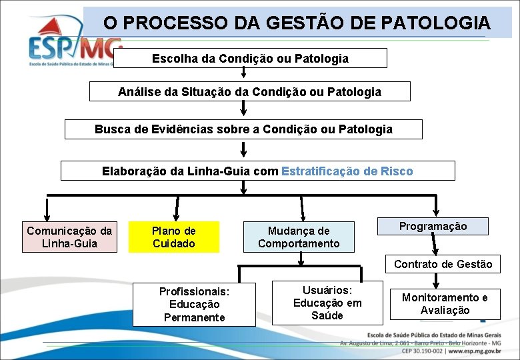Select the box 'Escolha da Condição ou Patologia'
tap(250, 58)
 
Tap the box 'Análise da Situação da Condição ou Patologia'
tap(249, 91)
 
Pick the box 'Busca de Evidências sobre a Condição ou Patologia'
tap(243, 129)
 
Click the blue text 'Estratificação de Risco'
tap(347, 171)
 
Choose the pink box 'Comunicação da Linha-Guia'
tap(70, 237)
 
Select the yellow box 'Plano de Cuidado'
tap(173, 237)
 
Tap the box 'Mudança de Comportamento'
tap(299, 237)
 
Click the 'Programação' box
tap(433, 226)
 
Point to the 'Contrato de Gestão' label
tap(443, 264)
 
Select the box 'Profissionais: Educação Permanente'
tap(194, 305)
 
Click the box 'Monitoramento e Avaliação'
tap(444, 304)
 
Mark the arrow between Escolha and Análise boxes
tap(243, 74)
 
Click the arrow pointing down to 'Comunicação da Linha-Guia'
tap(47, 208)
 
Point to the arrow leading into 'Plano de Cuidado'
tap(176, 208)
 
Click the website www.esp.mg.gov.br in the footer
tap(479, 350)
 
